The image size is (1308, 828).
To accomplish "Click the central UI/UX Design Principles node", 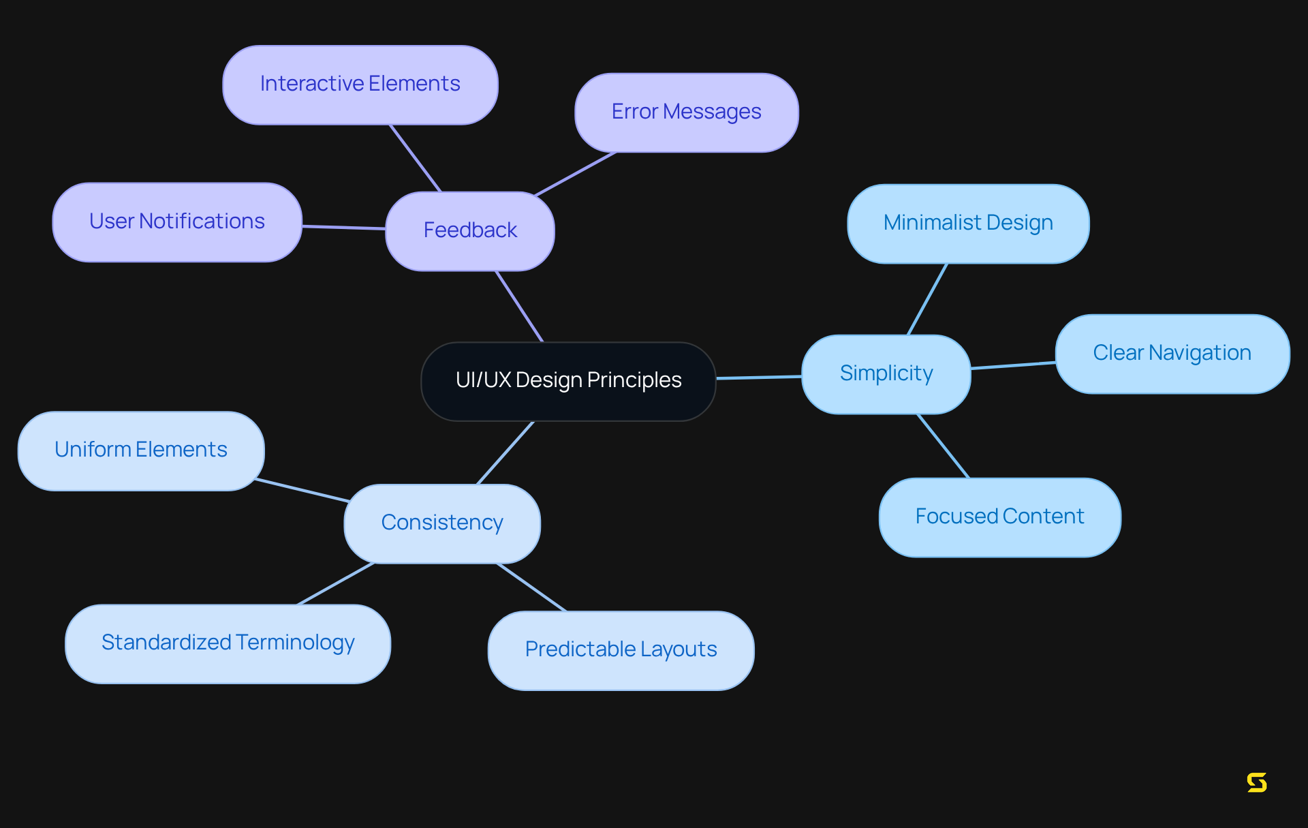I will (x=568, y=381).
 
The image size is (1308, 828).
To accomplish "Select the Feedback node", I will (x=470, y=231).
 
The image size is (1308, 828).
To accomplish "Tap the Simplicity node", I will (x=886, y=374).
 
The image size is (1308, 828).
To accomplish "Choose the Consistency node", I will (x=442, y=523).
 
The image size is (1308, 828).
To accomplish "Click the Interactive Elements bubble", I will (x=360, y=85).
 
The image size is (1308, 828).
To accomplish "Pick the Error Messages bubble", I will (x=686, y=112).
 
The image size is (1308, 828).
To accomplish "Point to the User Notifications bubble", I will (x=177, y=222).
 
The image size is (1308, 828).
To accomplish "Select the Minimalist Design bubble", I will (x=967, y=224).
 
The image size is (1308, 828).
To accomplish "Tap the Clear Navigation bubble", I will (x=1172, y=354).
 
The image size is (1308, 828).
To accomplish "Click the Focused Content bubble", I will (x=999, y=517).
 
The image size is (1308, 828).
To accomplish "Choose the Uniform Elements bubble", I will (x=141, y=450).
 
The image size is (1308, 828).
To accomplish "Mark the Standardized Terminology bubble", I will (x=228, y=643).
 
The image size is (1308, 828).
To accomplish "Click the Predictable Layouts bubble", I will (x=621, y=650).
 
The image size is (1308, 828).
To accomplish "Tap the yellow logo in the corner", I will (x=1256, y=782).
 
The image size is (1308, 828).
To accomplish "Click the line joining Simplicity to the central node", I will (x=759, y=377).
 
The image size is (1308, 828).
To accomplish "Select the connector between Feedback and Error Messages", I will (x=576, y=174).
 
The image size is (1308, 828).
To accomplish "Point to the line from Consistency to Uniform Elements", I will (x=302, y=490).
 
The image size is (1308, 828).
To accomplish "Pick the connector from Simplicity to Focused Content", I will (x=944, y=446).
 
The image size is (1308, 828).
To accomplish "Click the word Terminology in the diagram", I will (x=296, y=643).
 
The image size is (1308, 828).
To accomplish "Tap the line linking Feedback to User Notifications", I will (x=344, y=228).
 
